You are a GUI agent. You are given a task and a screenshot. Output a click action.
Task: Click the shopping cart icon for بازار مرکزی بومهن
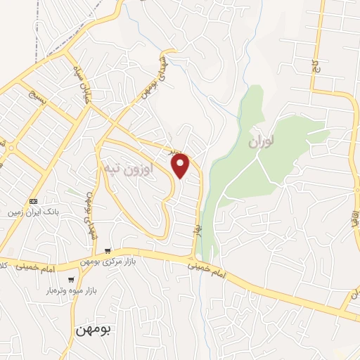coord(107,251)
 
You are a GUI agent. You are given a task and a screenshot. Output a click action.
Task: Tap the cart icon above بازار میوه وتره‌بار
coord(71,280)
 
